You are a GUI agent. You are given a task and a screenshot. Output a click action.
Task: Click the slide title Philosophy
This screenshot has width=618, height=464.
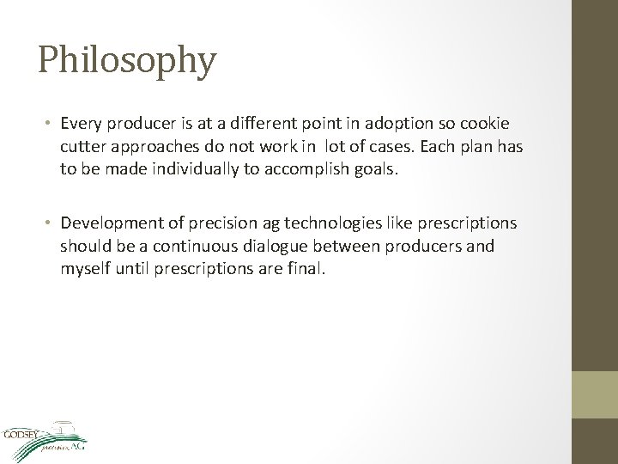pyautogui.click(x=127, y=61)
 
